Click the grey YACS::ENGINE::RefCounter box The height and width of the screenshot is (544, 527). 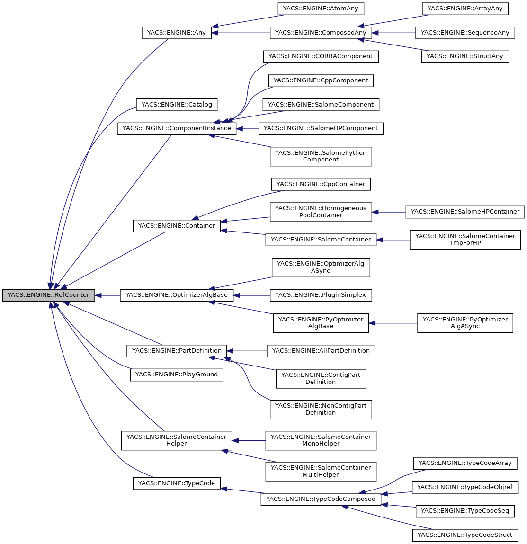coord(48,295)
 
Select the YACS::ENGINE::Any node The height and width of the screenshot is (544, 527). coord(177,33)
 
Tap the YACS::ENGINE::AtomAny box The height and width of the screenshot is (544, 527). coord(321,9)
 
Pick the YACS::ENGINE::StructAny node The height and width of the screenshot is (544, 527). coord(464,57)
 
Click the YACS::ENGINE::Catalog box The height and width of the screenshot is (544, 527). coord(176,105)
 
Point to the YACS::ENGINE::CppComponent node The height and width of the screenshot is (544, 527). coord(321,80)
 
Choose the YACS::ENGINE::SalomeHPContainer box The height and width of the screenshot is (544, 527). coord(464,212)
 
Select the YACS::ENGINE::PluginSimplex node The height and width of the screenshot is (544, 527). coord(321,295)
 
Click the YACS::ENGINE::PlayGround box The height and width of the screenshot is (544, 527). coord(176,375)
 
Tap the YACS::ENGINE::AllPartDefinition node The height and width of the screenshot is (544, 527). coord(321,351)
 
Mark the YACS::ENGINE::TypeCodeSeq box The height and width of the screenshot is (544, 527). coord(464,511)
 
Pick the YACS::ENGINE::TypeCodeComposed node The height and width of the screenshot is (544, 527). coord(321,499)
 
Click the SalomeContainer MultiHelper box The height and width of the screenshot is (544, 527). coord(321,471)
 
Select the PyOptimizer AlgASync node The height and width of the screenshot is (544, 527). coord(464,323)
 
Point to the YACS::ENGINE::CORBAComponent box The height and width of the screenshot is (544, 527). coord(321,56)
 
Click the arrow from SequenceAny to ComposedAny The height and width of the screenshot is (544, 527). coord(393,33)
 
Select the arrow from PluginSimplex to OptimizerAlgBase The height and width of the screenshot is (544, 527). coord(251,295)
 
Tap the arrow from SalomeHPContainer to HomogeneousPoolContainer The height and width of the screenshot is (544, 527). coord(389,212)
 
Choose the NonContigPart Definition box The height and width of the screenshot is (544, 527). coord(321,409)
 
